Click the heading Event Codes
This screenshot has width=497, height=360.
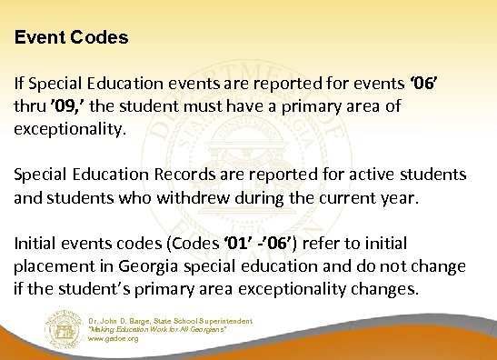(71, 40)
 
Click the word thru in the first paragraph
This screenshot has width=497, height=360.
(30, 108)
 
